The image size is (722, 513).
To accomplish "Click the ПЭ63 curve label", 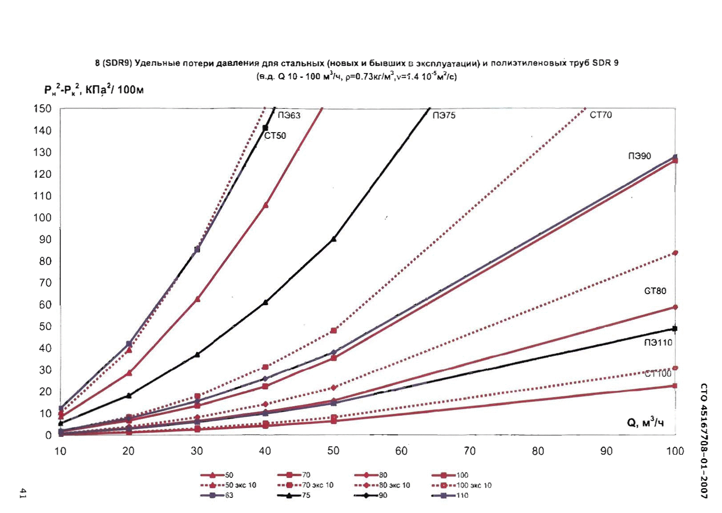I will coord(289,116).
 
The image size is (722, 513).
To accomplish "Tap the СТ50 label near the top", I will coord(275,136).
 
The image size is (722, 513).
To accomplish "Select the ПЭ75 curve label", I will coord(444,116).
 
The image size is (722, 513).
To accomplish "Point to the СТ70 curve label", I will coord(601,115).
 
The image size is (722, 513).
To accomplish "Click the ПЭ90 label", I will coord(639,156).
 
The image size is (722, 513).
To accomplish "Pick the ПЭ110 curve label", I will coord(658,343).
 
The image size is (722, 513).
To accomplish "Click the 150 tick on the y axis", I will coord(42,109).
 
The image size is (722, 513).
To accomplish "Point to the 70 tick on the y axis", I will coord(45,283).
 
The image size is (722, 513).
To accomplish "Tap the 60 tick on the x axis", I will coord(401,451).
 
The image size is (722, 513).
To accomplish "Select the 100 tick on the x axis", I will coord(674,451).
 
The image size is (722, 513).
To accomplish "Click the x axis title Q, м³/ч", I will coord(645,422).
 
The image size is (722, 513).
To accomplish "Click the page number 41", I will coord(22,493).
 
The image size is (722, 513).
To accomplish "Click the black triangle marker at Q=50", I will coord(334,239).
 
